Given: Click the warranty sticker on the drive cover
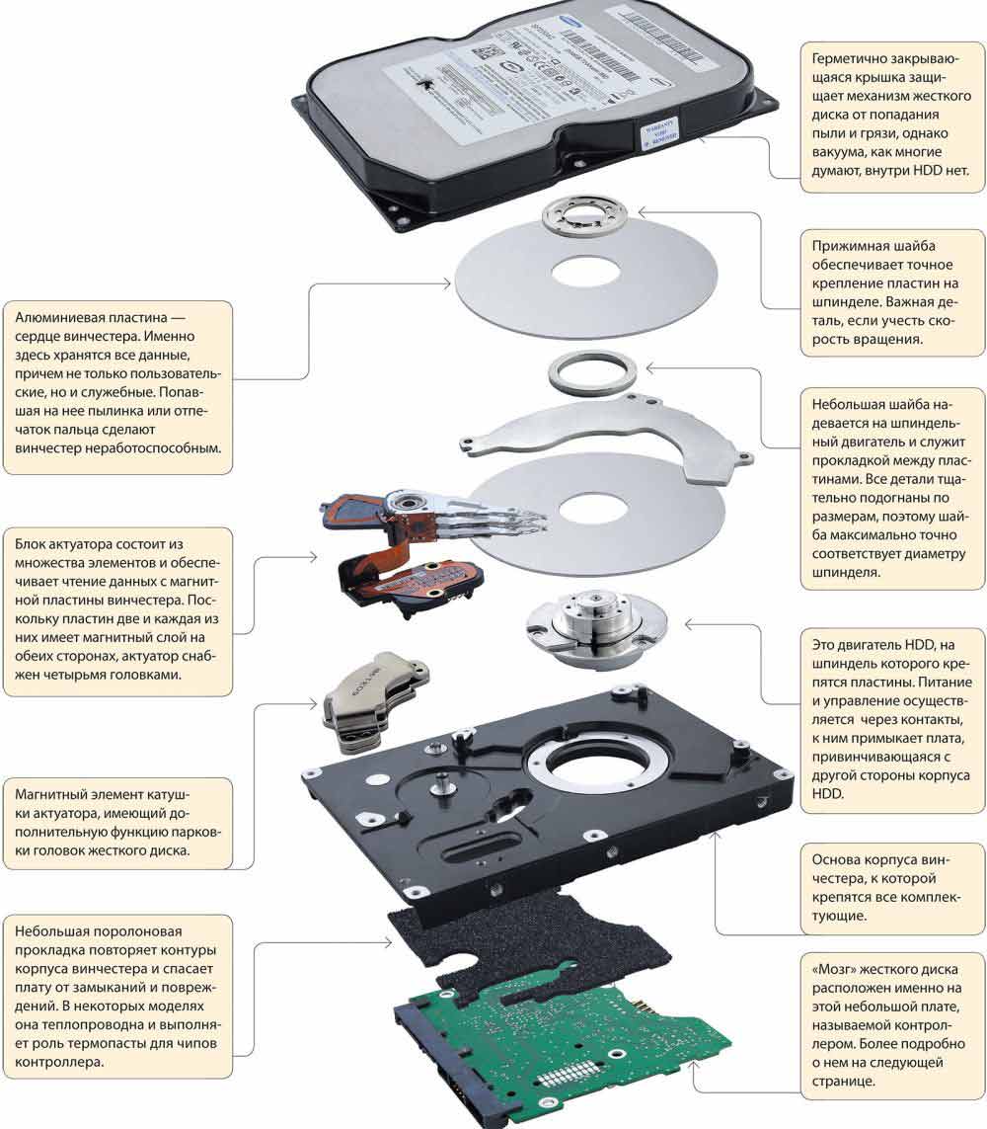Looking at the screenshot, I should (667, 135).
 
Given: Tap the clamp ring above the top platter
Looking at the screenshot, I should (584, 215).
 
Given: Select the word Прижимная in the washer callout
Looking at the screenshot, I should (855, 246).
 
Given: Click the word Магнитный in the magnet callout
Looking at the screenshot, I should (54, 795).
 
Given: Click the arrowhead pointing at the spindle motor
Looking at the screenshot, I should (689, 624).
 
